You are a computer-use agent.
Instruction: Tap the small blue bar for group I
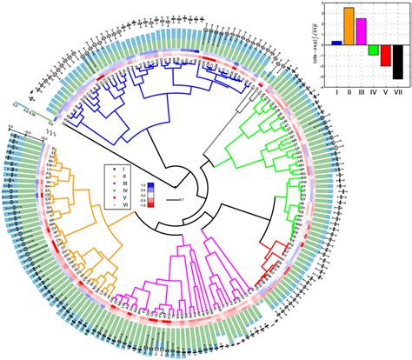pyautogui.click(x=336, y=42)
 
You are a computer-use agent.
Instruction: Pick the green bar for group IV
pyautogui.click(x=373, y=50)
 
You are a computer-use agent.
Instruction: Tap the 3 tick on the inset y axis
pyautogui.click(x=324, y=8)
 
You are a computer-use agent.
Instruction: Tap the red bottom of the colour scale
pyautogui.click(x=149, y=205)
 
